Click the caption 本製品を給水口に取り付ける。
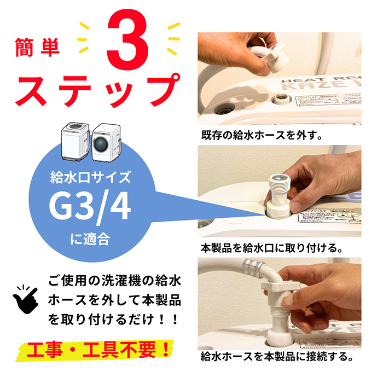coord(272,247)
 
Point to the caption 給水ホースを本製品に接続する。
coord(276,357)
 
